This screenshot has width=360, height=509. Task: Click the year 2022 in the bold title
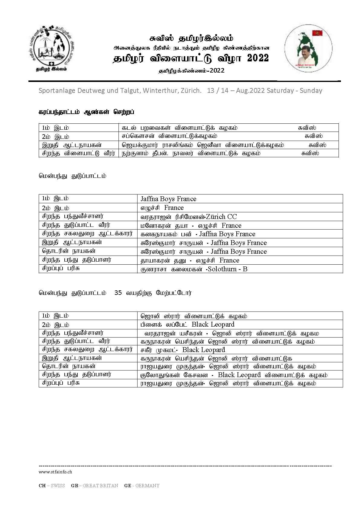click(x=258, y=58)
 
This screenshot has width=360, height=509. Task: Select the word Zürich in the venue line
click(x=191, y=90)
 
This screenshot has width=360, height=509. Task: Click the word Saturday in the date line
click(x=280, y=90)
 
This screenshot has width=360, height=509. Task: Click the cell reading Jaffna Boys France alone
click(x=168, y=199)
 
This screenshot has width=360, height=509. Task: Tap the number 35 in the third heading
click(x=118, y=293)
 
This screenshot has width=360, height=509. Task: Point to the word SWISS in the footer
click(x=57, y=485)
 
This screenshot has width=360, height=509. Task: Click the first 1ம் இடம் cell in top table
click(x=55, y=128)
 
